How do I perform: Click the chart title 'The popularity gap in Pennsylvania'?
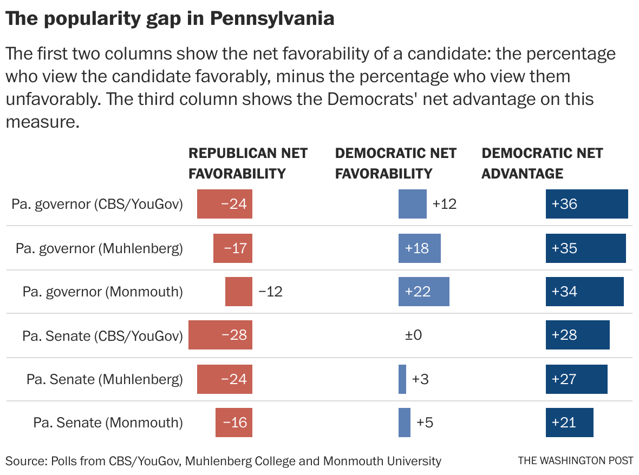pos(169,18)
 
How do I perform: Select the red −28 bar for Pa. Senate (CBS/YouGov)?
pos(220,335)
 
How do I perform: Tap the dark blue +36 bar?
pos(586,204)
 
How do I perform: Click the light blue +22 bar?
pos(423,292)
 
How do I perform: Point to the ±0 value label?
pos(413,335)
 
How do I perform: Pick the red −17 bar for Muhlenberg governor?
pos(233,248)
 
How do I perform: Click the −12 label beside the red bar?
pos(270,292)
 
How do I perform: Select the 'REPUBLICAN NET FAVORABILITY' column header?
pos(247,163)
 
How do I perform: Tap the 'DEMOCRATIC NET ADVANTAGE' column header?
pos(542,163)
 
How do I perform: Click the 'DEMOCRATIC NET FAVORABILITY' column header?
pos(395,163)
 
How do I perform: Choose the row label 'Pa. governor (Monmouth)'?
pos(102,292)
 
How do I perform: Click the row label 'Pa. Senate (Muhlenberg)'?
pos(105,379)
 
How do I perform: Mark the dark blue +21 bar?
pos(569,423)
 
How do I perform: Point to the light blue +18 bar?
pos(419,248)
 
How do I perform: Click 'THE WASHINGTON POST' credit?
pos(575,461)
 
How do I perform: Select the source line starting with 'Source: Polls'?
pos(223,461)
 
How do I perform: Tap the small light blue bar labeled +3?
pos(402,379)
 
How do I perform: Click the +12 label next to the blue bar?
pos(444,204)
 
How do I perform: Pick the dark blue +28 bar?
pos(577,335)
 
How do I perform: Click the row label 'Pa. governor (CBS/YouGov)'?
pos(97,204)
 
